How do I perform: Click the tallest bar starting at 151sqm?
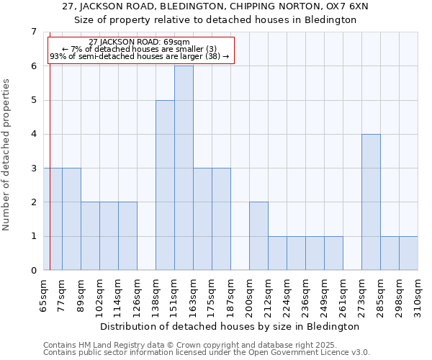[184, 168]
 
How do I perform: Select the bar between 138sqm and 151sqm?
[165, 185]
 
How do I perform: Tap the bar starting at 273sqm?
[371, 202]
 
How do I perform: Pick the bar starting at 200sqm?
[258, 236]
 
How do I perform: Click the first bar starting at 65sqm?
[53, 219]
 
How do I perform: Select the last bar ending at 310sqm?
[408, 253]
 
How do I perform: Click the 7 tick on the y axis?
[33, 32]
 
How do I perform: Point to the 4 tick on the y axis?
[33, 134]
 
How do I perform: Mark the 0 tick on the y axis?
[33, 271]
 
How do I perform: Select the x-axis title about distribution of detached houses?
[229, 326]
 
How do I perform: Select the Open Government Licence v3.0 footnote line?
[207, 353]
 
